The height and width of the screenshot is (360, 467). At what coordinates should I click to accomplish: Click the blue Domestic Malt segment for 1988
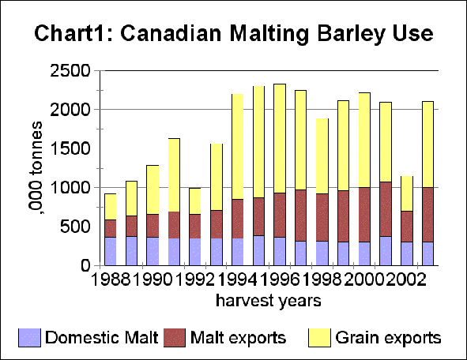click(111, 251)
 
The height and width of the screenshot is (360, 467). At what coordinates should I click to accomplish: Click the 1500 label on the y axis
click(72, 148)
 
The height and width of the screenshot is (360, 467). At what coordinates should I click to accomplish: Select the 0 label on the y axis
click(89, 266)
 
